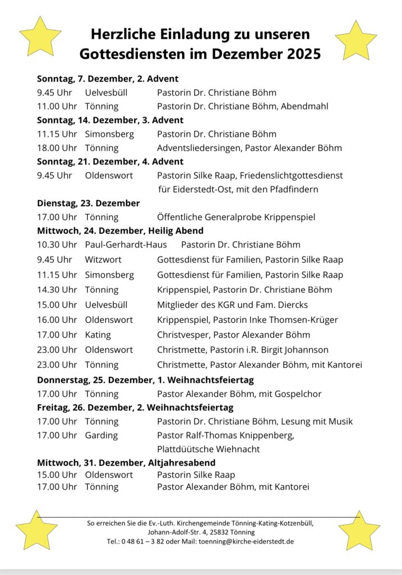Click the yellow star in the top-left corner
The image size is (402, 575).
point(40,37)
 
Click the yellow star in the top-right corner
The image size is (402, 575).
point(356,41)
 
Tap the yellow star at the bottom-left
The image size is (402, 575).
point(36,531)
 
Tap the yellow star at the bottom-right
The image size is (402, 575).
point(359,531)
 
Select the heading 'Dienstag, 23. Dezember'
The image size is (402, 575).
point(89,203)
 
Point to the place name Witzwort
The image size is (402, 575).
point(103,259)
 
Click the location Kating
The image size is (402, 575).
point(98,335)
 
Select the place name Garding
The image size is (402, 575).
point(101,435)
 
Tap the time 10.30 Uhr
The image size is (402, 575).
point(57,244)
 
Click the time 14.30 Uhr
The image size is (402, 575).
point(57,290)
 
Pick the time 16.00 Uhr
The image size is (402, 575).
point(57,320)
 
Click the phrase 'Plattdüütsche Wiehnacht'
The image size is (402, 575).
point(209,449)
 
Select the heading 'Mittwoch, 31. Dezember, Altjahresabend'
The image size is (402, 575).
point(126,463)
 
